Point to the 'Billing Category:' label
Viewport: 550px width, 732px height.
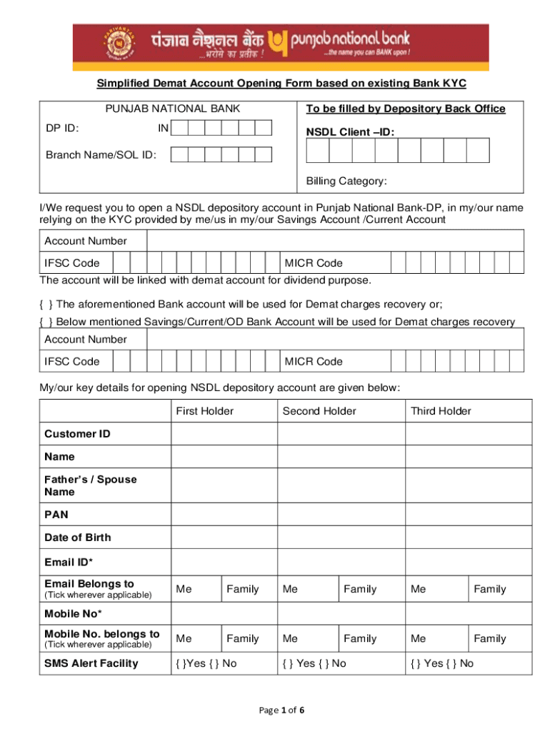click(346, 182)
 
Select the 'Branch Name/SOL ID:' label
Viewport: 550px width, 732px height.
click(101, 154)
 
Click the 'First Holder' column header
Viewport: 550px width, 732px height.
click(204, 411)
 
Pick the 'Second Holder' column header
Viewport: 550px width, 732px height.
click(319, 411)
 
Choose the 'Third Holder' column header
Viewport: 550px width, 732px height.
click(441, 411)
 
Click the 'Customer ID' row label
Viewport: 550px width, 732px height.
click(77, 434)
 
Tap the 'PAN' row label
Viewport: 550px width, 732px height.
click(56, 514)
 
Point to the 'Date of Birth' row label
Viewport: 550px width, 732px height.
click(78, 538)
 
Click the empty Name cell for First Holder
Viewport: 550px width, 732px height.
click(224, 457)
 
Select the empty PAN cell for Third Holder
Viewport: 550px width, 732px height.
click(469, 514)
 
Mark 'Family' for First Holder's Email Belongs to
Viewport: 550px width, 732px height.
click(243, 589)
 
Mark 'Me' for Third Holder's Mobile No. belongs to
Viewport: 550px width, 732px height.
click(419, 638)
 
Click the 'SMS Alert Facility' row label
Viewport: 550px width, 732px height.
click(91, 663)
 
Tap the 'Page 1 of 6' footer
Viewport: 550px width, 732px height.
click(274, 710)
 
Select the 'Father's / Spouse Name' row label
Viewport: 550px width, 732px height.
click(90, 485)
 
